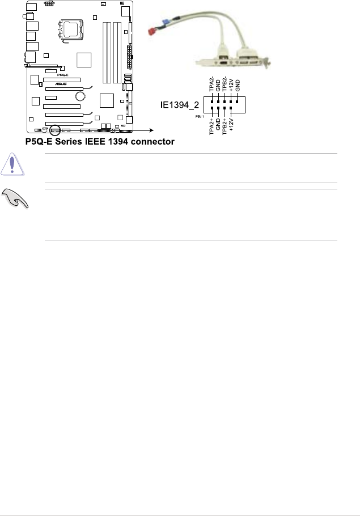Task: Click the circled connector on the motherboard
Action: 55,129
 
